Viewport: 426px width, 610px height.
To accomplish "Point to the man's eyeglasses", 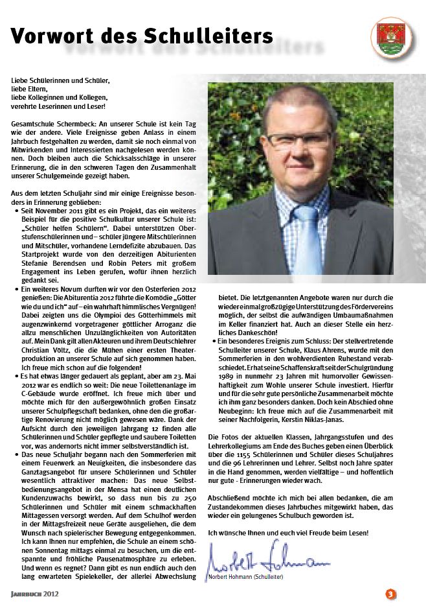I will [297, 140].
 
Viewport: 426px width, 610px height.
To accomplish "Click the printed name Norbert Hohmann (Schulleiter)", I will [247, 577].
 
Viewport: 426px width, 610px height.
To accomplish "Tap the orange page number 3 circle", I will [390, 594].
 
